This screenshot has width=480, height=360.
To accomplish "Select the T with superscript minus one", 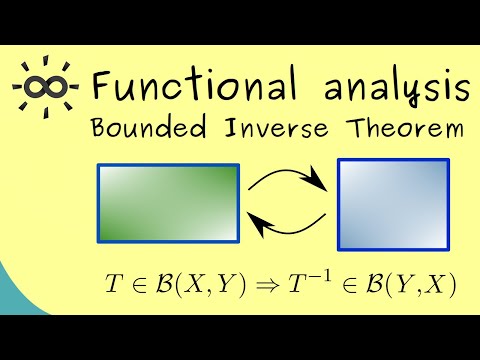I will pos(305,286).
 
